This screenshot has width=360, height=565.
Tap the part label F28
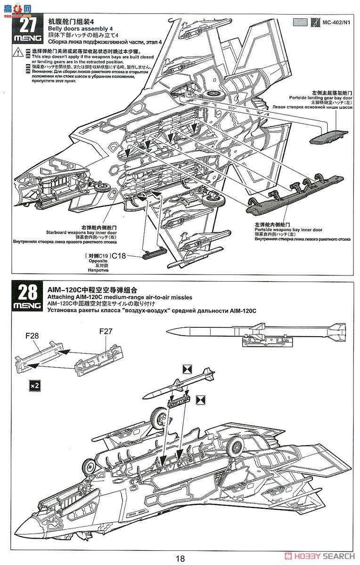pos(32,336)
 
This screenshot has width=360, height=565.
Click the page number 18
pos(180,559)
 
